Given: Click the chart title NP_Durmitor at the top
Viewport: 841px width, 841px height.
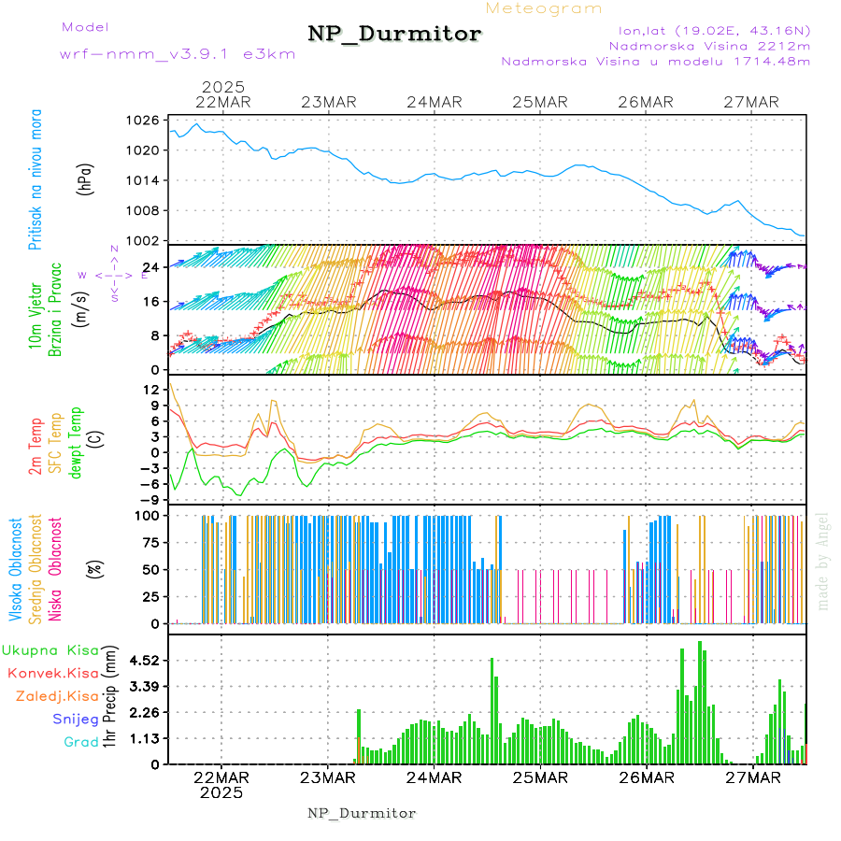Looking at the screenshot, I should coord(394,35).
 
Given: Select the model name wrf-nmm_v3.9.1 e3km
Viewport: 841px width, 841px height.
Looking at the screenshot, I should coord(178,54).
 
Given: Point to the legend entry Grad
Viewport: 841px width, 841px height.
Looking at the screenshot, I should coord(81,742).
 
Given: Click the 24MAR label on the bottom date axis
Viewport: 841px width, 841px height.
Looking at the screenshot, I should coord(435,777).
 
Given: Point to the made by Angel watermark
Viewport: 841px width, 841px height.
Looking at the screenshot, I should coord(823,561).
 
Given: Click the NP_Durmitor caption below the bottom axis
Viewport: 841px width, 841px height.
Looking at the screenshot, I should coord(362,813).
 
